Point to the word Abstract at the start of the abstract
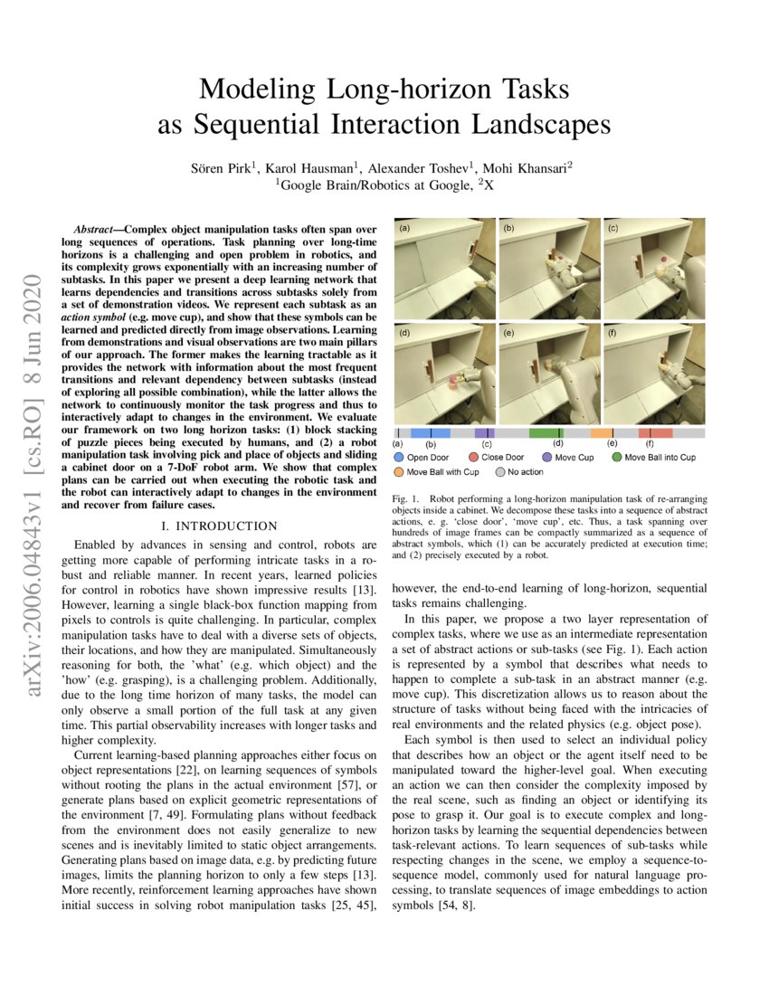[x=99, y=231]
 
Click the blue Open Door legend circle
[x=398, y=458]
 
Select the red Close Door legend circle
[x=473, y=458]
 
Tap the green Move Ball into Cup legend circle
[x=616, y=458]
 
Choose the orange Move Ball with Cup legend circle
[x=398, y=471]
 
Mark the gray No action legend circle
[x=499, y=471]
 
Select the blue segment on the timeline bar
[x=431, y=433]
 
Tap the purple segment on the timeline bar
[x=484, y=433]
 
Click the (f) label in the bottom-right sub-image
[x=612, y=333]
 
